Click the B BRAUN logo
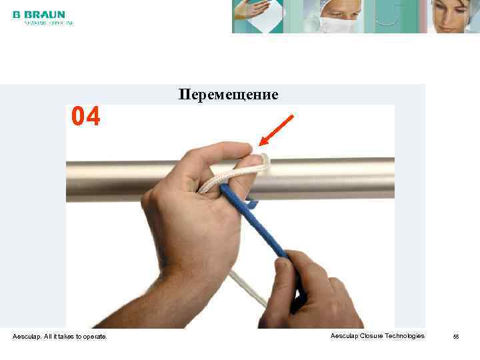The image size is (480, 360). point(39,14)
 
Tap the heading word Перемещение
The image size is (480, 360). point(228,95)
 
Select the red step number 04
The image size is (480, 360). point(86,117)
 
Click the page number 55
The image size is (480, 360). point(456,337)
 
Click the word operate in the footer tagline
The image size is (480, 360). point(94,337)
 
